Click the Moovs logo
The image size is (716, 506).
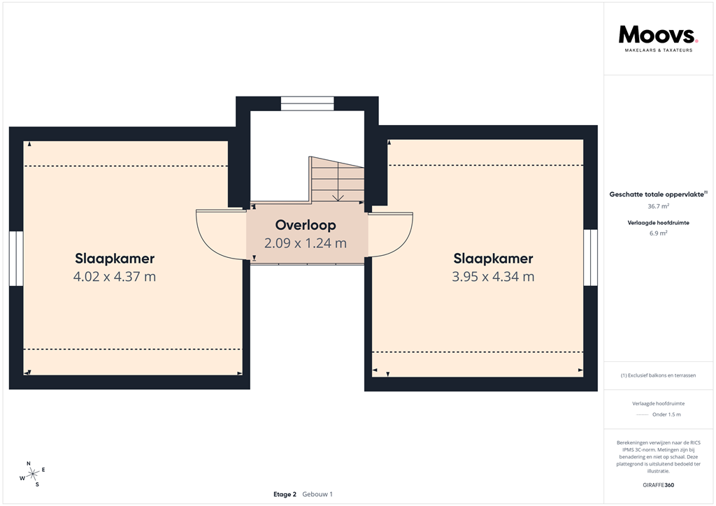click(x=658, y=35)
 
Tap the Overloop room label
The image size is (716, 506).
click(x=306, y=225)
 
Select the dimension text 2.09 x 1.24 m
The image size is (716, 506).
click(x=306, y=243)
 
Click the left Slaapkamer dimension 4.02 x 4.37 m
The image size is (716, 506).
click(x=115, y=276)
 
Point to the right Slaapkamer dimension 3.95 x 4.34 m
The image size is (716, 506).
click(x=493, y=276)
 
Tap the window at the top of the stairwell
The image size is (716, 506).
click(x=308, y=103)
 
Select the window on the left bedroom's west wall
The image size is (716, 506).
click(x=16, y=259)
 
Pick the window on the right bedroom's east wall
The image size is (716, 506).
click(x=591, y=257)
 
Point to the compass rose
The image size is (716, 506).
click(x=32, y=474)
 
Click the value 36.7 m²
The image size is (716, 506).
click(x=658, y=207)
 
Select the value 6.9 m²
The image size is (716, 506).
click(x=658, y=233)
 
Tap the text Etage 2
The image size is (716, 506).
click(x=285, y=494)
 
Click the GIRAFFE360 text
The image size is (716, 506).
click(x=658, y=484)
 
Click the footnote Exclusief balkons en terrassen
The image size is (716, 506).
click(x=658, y=375)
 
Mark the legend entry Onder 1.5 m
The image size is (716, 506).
click(x=666, y=414)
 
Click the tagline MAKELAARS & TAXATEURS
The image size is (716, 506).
click(x=658, y=50)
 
